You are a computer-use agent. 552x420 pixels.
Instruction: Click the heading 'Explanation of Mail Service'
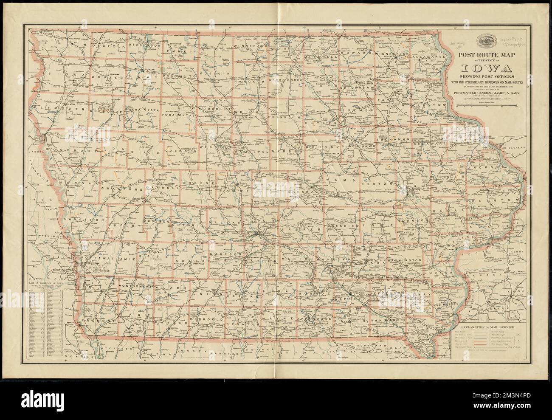[486, 328]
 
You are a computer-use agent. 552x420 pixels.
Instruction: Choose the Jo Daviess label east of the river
[514, 149]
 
